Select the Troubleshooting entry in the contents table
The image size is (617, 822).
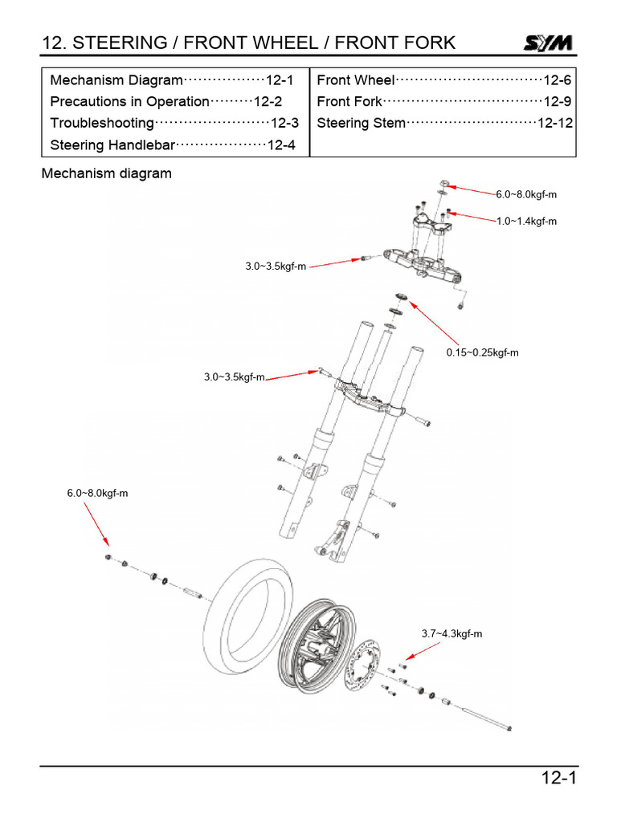pos(101,124)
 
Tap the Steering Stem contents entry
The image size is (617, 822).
pos(361,124)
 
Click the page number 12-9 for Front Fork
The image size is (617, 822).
pos(557,102)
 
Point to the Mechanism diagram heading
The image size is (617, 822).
pos(106,173)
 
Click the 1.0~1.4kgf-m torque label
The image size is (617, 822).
pos(526,221)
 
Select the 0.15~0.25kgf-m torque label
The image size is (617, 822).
pos(482,352)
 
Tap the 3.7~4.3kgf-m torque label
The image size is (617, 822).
pos(452,633)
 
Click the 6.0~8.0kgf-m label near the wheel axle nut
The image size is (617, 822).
pos(97,493)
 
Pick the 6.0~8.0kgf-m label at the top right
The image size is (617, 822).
pos(526,194)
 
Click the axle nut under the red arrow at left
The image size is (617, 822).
pos(109,558)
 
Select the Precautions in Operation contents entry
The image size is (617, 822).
pos(129,102)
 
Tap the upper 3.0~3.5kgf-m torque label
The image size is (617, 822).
pos(276,267)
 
